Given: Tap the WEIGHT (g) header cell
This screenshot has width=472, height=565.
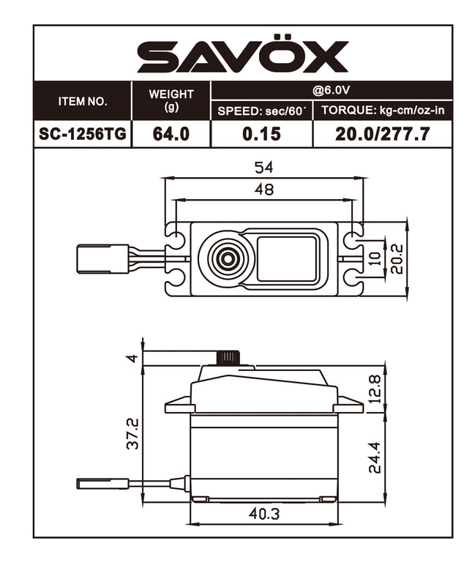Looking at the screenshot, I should coord(171,100).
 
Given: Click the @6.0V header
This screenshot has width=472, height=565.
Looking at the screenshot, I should coord(331,90).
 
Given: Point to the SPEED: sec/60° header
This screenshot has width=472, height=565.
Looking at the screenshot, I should coord(261,111).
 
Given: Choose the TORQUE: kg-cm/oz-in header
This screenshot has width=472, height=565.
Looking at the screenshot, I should coord(381,111).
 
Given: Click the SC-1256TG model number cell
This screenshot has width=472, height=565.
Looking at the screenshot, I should coord(82,134).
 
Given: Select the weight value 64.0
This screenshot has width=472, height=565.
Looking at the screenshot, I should coord(171,134).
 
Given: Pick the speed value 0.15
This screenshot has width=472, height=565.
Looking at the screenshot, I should coord(261,134).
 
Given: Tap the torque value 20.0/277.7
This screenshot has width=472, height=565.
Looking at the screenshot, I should coord(381,134).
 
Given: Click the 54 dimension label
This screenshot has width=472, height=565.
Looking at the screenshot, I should coord(263,168).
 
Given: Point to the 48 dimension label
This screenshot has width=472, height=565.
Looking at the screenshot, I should coord(263,190).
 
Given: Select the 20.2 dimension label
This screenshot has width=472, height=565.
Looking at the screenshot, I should coord(397,258).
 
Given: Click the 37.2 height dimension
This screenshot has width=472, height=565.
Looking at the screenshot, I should coord(133,434).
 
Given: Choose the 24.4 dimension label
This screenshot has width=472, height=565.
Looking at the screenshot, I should coord(375,456).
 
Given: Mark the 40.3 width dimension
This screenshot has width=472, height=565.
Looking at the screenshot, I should coord(263,514).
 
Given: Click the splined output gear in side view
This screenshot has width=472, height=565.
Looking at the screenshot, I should coord(228,358).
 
